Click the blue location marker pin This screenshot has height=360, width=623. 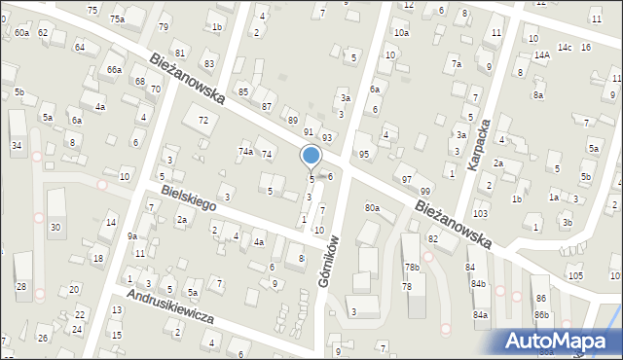point(311,156)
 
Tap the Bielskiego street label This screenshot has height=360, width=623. point(188,198)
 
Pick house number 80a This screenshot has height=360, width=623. point(372,207)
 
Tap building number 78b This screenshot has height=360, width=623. point(412,267)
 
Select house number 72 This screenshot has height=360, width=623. point(202,120)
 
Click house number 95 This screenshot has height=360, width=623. point(363,155)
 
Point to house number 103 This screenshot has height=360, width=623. point(479,213)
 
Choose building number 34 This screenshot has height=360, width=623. point(16,145)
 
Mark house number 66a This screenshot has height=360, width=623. point(114,70)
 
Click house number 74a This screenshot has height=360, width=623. point(245,152)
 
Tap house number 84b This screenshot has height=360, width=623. point(478,284)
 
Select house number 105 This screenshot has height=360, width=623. point(575,276)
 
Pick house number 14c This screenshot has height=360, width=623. point(564,47)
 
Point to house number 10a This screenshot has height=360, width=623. point(402,33)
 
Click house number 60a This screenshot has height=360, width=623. point(21,33)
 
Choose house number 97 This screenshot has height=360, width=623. point(407,180)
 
